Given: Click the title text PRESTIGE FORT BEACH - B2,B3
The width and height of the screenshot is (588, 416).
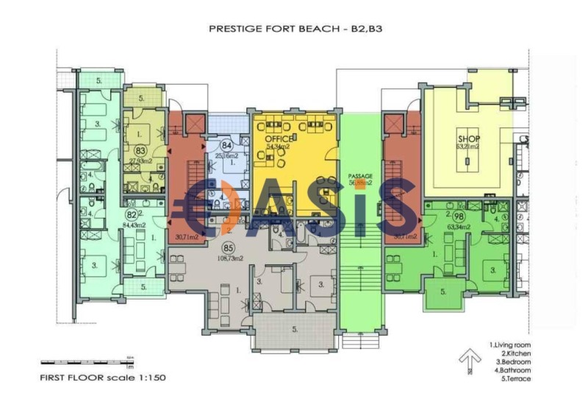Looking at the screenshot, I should (298, 29).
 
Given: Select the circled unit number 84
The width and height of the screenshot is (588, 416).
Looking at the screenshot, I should (226, 146).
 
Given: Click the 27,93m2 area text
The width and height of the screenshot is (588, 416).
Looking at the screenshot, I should (140, 160).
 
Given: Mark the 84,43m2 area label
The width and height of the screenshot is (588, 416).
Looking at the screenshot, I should (135, 225).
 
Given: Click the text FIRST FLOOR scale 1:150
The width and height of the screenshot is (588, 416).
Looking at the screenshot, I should (103, 376).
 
